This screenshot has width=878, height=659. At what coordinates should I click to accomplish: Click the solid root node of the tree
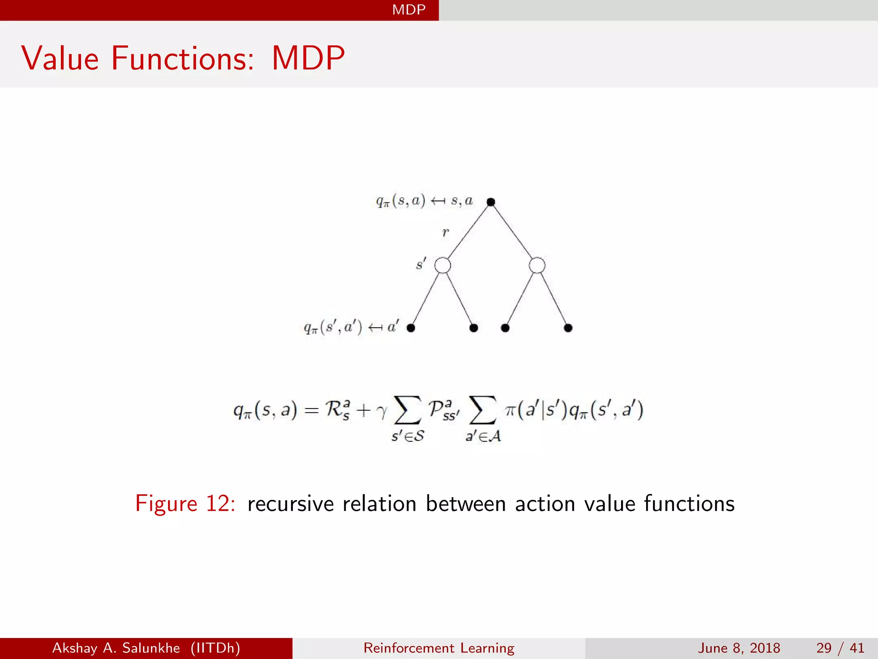(x=491, y=202)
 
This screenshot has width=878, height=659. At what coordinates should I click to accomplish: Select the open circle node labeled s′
(x=442, y=265)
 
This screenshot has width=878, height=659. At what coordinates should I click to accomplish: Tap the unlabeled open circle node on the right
(x=537, y=265)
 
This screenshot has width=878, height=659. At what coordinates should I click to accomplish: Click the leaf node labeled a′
(x=411, y=328)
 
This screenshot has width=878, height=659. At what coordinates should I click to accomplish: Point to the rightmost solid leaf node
(x=568, y=328)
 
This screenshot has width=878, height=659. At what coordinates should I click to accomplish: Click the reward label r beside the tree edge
(x=445, y=233)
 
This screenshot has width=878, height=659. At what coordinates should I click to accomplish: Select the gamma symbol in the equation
(x=381, y=411)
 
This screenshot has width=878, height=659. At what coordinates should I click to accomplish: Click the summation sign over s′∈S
(x=407, y=410)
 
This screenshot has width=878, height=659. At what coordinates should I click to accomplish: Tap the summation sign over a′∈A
(x=483, y=410)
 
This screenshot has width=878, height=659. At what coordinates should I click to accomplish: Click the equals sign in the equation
(x=311, y=411)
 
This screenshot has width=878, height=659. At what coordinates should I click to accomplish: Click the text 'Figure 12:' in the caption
(x=185, y=503)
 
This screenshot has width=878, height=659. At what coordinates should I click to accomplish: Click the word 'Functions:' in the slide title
(x=183, y=58)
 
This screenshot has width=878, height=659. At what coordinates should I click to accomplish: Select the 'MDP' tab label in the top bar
(x=409, y=9)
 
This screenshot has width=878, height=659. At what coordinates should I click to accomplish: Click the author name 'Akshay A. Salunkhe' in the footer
(x=116, y=648)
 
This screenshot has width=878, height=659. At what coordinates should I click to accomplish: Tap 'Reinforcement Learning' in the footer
(x=439, y=648)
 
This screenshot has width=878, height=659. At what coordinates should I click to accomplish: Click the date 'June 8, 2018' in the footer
(x=739, y=648)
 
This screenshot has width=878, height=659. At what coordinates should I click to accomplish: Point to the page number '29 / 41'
(x=840, y=648)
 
